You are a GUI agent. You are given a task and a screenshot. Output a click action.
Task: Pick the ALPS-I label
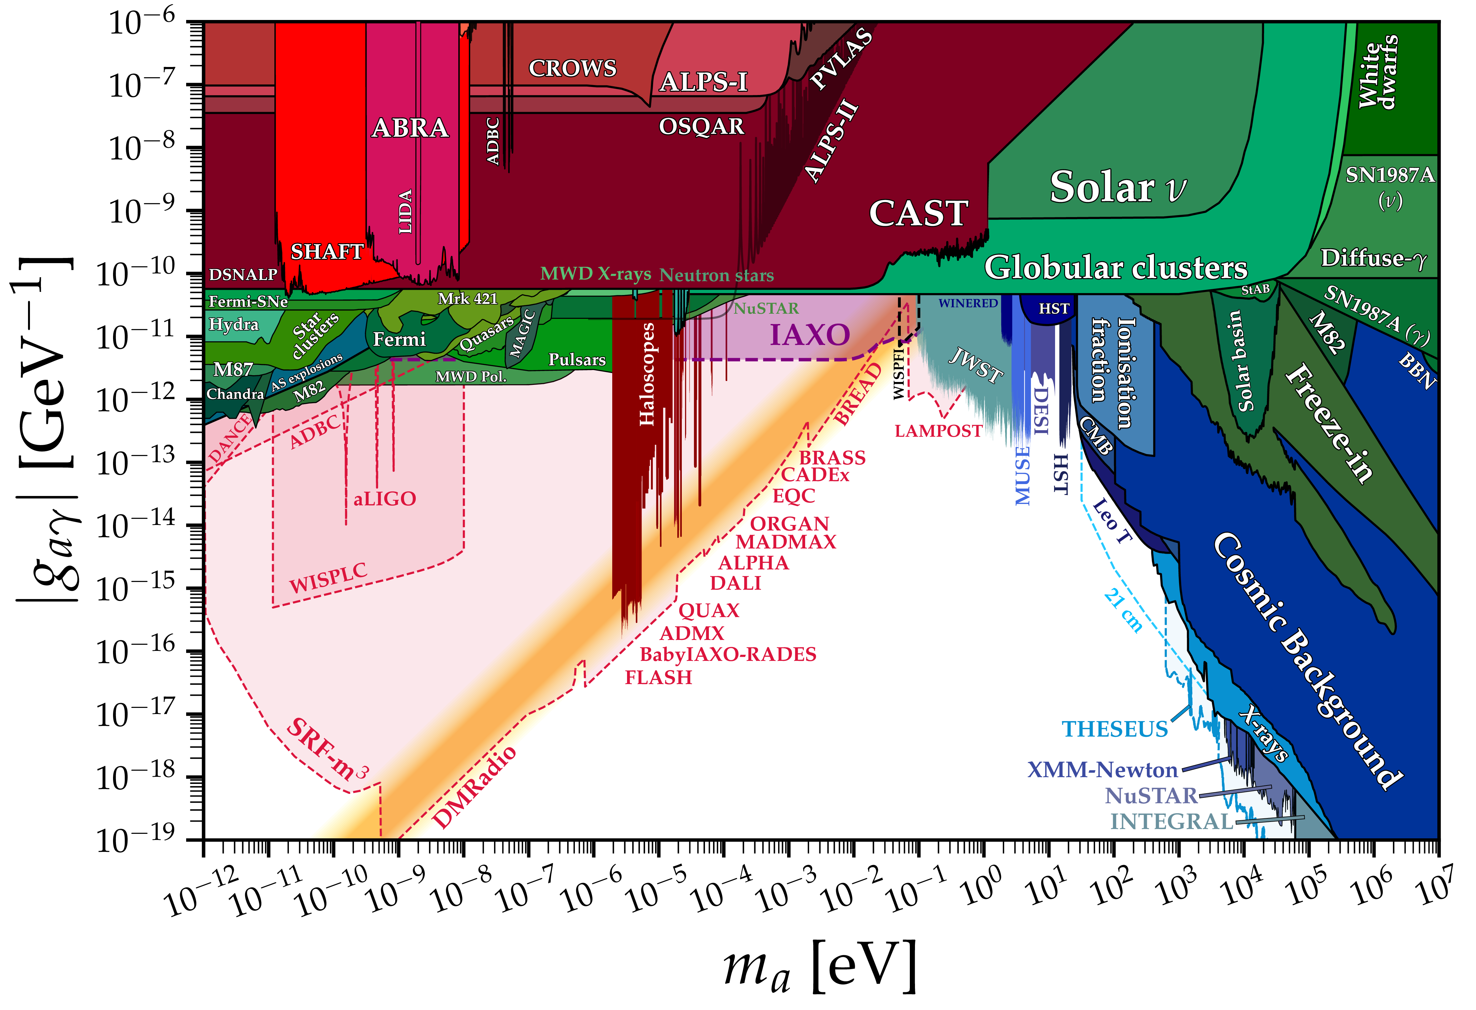pos(704,82)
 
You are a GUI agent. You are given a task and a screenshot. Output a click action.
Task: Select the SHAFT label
pos(327,252)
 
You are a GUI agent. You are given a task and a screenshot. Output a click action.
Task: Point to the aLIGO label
pos(385,499)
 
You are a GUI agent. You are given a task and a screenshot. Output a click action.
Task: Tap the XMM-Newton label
pos(1102,770)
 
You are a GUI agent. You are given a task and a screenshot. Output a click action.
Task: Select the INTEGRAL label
pos(1172,821)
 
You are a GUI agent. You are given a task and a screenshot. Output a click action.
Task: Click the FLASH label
pos(659,678)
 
